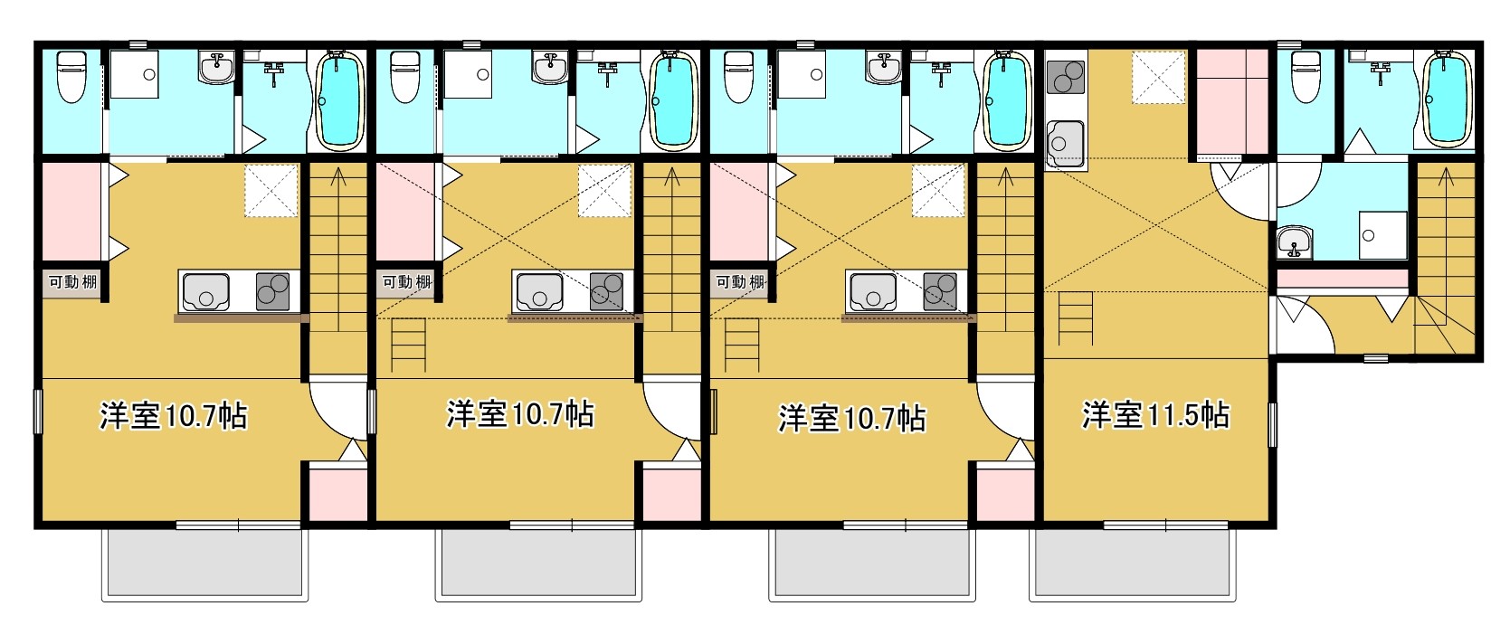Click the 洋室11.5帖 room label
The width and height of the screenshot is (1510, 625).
(x=1155, y=415)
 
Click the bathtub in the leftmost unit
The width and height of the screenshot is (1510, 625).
(x=339, y=101)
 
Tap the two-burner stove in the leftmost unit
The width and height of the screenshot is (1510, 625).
(x=272, y=292)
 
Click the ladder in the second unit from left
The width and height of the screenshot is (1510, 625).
(x=408, y=347)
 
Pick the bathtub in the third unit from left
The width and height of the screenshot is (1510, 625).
(x=1007, y=101)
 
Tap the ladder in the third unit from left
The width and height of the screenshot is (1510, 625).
(x=741, y=347)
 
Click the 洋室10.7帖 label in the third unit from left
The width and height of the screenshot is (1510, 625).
(x=852, y=418)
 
